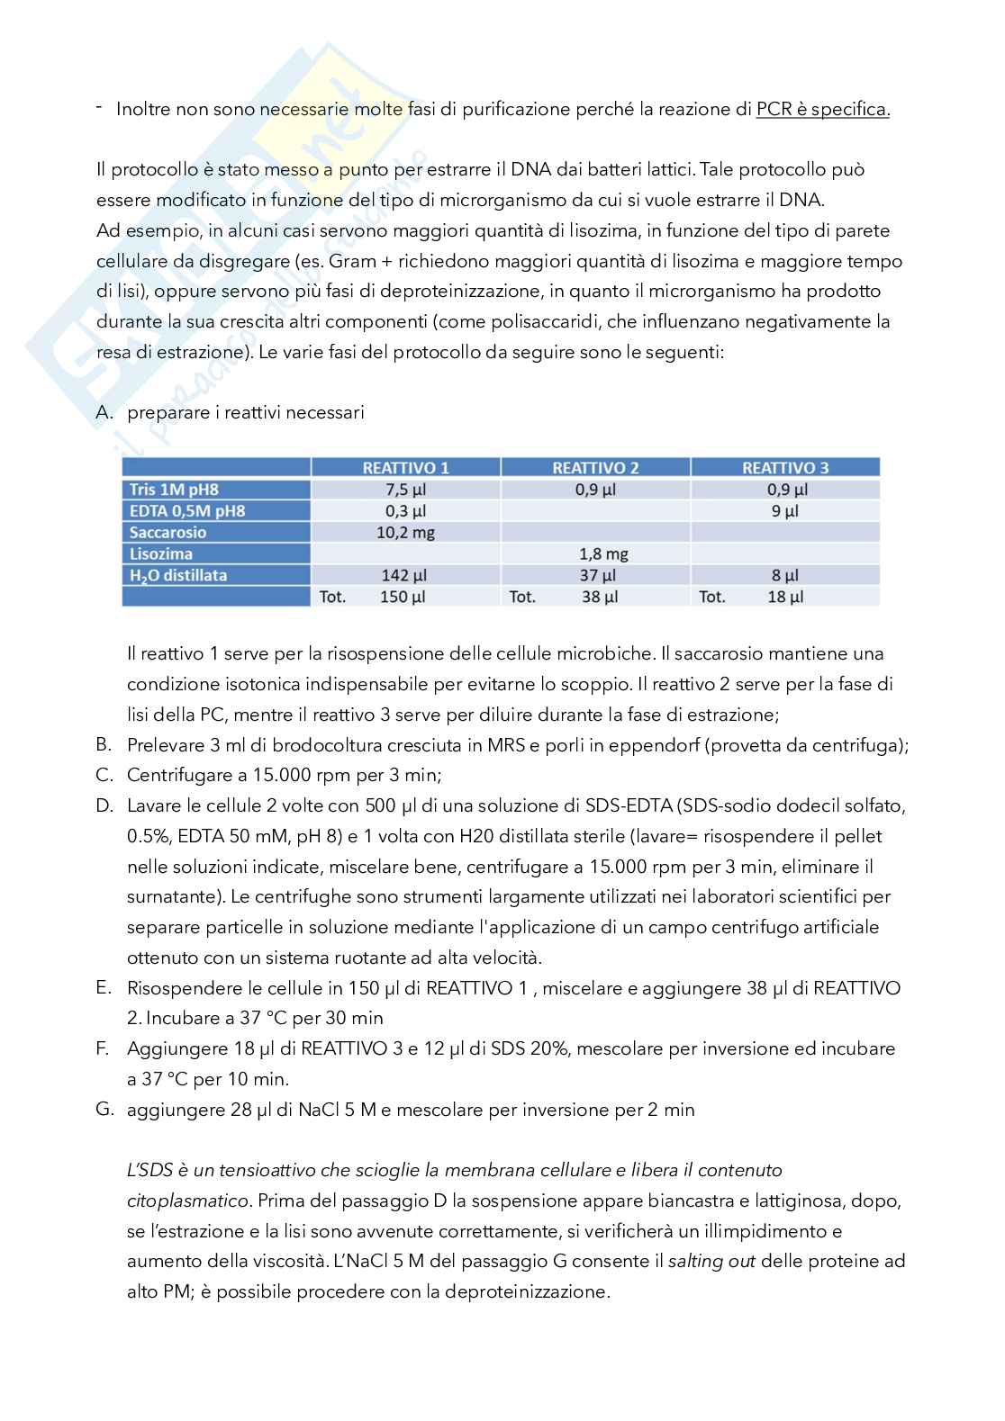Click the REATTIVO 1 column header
coord(405,468)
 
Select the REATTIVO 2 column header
coord(595,468)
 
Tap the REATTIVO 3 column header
coord(785,468)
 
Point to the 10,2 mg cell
coord(405,533)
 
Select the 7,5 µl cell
coord(405,490)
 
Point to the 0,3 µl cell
coord(405,511)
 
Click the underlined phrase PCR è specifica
coord(822,110)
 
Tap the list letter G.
coord(104,1109)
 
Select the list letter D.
coord(104,805)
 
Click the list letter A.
coord(104,412)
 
